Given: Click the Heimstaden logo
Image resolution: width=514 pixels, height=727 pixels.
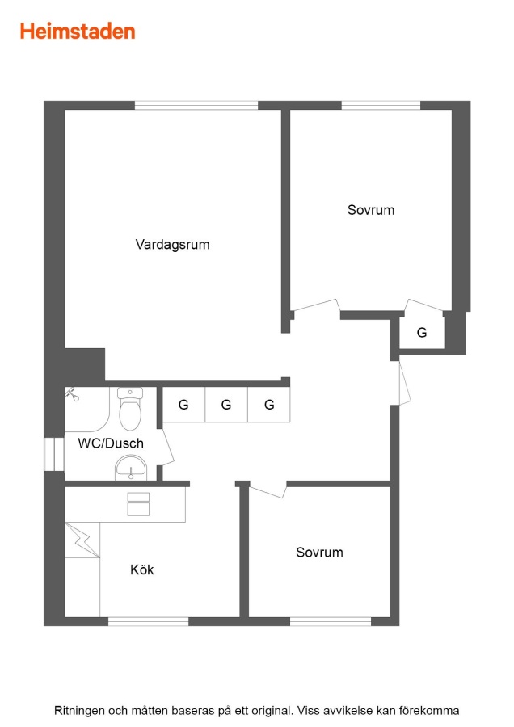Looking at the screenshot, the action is coord(78,32).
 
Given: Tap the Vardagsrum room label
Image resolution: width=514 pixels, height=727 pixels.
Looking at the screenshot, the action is coord(173,244).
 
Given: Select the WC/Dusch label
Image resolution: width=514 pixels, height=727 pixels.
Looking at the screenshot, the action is coord(111,443).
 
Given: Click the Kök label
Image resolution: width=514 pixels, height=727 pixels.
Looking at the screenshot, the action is coord(142,569).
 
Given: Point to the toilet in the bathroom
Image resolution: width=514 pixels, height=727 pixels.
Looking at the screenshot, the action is coord(130,409).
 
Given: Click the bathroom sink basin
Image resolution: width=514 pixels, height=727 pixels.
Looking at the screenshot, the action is coord(131,468).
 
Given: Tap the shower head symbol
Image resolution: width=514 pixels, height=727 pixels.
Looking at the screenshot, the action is coord(72,394).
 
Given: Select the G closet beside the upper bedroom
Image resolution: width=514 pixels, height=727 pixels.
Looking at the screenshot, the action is coord(422,332).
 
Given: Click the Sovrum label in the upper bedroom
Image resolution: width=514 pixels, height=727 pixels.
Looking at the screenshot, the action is coord(371,210).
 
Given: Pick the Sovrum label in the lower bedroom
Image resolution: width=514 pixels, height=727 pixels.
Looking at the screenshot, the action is coord(319,553).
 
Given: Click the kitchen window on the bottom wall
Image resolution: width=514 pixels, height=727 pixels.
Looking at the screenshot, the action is coord(149,621).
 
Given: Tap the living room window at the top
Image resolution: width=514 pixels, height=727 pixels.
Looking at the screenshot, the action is coord(196,105).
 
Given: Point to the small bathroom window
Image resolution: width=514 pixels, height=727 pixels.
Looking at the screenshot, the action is coord(54,454).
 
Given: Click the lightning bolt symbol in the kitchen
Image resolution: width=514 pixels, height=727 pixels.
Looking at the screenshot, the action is coord(82,540).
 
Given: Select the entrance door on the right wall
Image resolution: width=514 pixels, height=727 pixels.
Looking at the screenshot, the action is coord(404,383).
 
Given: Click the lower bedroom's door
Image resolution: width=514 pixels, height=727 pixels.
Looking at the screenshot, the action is coord(268,490).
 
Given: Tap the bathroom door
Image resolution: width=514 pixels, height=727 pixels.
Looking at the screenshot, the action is coord(167,448).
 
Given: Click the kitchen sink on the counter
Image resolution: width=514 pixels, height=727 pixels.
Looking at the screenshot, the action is coord(138,504).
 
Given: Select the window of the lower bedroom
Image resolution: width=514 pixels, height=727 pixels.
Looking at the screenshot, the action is coord(331,621).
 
